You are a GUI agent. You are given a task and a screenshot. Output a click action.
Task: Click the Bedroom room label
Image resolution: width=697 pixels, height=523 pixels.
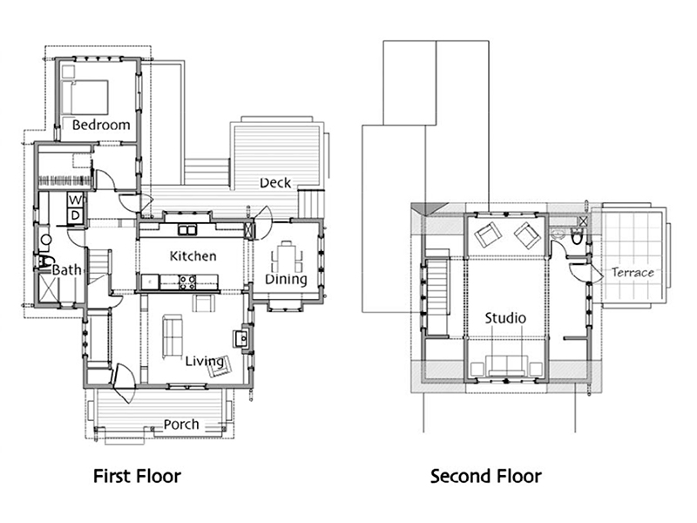tap(101, 125)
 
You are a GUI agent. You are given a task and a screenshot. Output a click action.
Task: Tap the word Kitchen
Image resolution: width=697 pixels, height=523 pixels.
tap(193, 256)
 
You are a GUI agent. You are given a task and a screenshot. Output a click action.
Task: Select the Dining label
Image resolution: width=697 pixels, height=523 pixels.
tap(286, 279)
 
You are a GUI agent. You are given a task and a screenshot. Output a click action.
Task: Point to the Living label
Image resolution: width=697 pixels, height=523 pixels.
tap(204, 361)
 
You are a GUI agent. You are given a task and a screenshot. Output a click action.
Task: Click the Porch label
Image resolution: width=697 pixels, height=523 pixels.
tap(181, 425)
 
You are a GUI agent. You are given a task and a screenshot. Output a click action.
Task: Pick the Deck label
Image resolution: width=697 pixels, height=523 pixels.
tap(275, 183)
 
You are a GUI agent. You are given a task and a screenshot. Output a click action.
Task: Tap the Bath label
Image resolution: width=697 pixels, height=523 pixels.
tap(67, 270)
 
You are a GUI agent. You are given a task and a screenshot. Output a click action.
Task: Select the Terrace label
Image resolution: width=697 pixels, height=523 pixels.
tap(633, 272)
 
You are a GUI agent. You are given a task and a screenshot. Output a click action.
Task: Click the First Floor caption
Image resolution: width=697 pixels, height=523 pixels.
tap(137, 476)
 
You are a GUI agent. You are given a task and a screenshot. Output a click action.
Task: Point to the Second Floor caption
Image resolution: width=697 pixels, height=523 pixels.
tap(486, 476)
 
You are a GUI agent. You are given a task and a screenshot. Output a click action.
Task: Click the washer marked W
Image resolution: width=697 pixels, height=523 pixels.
tap(76, 200)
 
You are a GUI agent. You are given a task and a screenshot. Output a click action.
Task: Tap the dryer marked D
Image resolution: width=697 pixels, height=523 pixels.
tap(76, 215)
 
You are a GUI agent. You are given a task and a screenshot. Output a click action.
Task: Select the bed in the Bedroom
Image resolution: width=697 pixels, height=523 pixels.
tap(85, 97)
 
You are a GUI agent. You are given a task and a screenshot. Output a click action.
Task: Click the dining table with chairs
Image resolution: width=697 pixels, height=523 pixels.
tap(287, 257)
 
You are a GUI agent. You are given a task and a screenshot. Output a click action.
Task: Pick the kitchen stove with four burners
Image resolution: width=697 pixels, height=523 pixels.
tap(187, 282)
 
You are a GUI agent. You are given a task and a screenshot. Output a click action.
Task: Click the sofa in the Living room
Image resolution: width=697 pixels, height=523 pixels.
tap(172, 336)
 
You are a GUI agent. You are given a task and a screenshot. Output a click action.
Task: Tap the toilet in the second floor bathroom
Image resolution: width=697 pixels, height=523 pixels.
tap(577, 237)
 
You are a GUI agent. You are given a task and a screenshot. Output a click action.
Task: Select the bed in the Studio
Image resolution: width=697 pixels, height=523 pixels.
tap(506, 366)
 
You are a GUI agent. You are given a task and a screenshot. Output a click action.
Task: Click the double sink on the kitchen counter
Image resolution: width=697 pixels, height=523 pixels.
tap(187, 230)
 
